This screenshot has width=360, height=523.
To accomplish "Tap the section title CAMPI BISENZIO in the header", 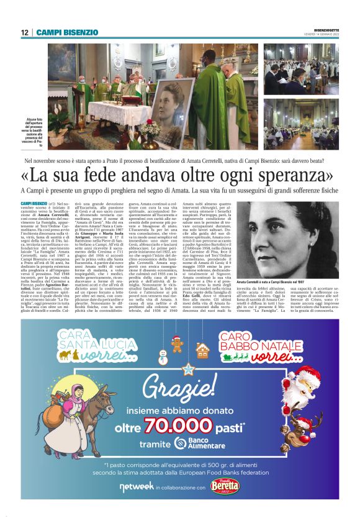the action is click(67, 32).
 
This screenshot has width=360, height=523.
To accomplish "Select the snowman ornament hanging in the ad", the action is click(163, 357).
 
